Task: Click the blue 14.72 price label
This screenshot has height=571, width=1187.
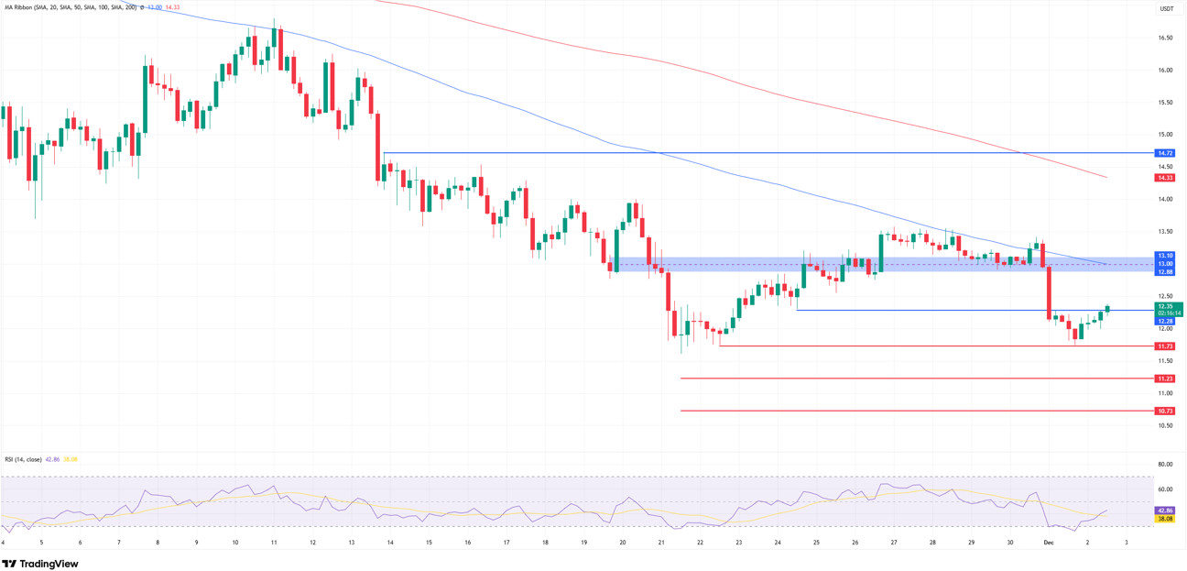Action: click(1165, 153)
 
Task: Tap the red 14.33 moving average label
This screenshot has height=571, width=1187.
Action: click(1165, 178)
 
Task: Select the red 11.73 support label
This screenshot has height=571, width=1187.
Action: click(1165, 346)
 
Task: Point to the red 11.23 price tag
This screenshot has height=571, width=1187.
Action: click(1165, 379)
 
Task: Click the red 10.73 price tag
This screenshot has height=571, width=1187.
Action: click(1165, 412)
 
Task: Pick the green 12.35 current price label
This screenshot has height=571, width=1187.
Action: click(1165, 306)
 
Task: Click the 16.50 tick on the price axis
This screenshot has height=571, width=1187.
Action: click(1165, 38)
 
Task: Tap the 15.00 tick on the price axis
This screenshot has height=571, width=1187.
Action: click(1165, 135)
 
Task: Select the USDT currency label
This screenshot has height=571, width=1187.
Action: click(1166, 9)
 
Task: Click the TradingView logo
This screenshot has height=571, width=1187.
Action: click(40, 564)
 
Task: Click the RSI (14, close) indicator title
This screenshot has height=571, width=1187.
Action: click(23, 459)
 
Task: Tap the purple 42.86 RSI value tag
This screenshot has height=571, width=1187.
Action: click(1165, 511)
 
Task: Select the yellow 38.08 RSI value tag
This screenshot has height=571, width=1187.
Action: click(1165, 519)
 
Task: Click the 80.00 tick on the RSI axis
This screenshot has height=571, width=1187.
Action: click(1165, 465)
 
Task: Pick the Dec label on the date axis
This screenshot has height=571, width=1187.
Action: click(1049, 543)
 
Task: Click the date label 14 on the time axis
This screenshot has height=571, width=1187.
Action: click(390, 543)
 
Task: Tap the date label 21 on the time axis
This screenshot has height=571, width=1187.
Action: click(661, 543)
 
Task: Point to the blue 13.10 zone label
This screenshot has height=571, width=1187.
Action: click(1165, 256)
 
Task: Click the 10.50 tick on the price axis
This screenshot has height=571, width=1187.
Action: click(1165, 425)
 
